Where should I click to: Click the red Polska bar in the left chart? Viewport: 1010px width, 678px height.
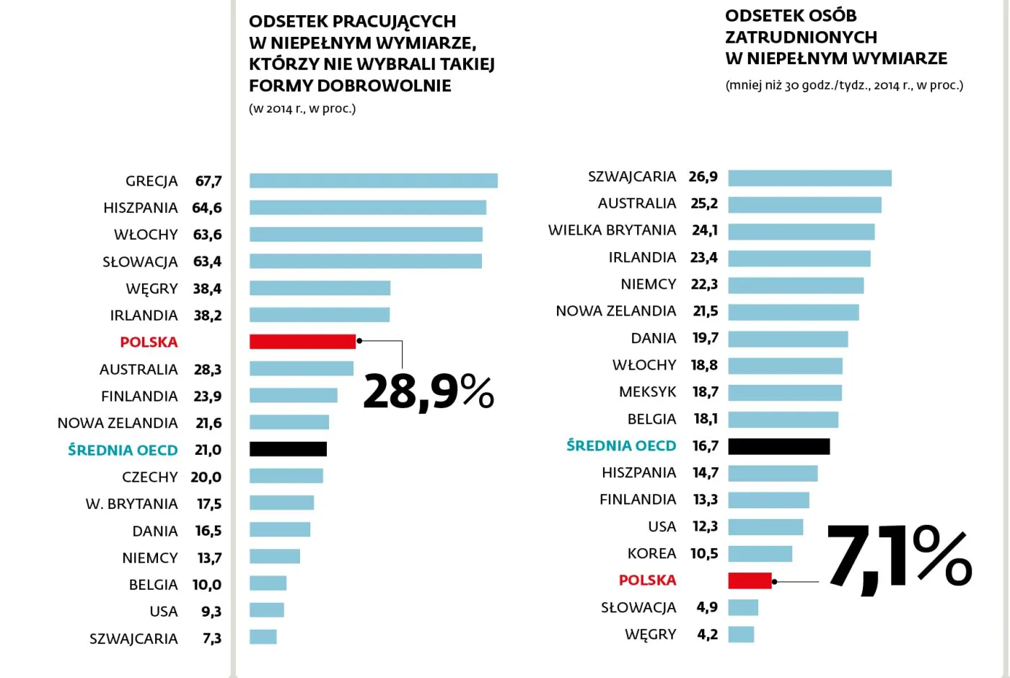tap(302, 342)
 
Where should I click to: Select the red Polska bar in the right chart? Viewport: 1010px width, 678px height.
tap(750, 581)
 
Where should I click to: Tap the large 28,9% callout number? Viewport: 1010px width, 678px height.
tap(429, 392)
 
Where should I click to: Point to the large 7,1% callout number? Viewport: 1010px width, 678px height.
tap(898, 560)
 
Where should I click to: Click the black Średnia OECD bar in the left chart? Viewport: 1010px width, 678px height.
tap(288, 449)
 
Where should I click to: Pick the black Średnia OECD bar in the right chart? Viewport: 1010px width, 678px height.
tap(778, 446)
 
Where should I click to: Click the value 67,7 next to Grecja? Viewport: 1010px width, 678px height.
tap(208, 181)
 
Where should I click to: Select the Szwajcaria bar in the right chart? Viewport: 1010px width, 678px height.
tap(809, 178)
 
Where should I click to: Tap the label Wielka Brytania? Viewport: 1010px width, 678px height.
tap(612, 230)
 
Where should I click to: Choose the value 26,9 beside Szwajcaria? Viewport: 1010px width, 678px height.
tap(703, 177)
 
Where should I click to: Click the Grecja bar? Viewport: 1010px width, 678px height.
tap(373, 181)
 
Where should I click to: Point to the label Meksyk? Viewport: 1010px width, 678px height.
tap(647, 392)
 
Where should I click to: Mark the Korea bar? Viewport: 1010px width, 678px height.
tap(760, 554)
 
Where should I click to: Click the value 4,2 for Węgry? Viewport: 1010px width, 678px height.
tap(707, 635)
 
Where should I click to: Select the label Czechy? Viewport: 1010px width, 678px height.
tap(149, 477)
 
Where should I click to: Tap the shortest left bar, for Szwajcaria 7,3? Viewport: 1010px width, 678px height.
tap(263, 637)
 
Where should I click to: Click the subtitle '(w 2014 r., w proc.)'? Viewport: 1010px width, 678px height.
tap(302, 109)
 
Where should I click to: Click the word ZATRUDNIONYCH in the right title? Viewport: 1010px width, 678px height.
tap(801, 37)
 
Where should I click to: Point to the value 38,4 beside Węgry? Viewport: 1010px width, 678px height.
tap(207, 289)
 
